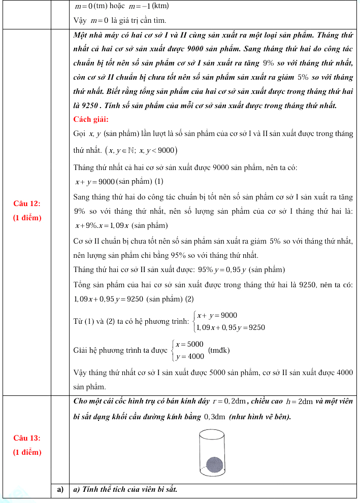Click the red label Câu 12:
click(x=27, y=204)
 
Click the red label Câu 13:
click(x=27, y=438)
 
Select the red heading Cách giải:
click(x=91, y=120)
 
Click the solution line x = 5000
click(x=189, y=344)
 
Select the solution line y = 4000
click(x=189, y=356)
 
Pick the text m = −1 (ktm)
click(x=145, y=7)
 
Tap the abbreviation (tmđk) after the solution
click(x=219, y=350)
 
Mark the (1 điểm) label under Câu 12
click(x=27, y=218)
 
